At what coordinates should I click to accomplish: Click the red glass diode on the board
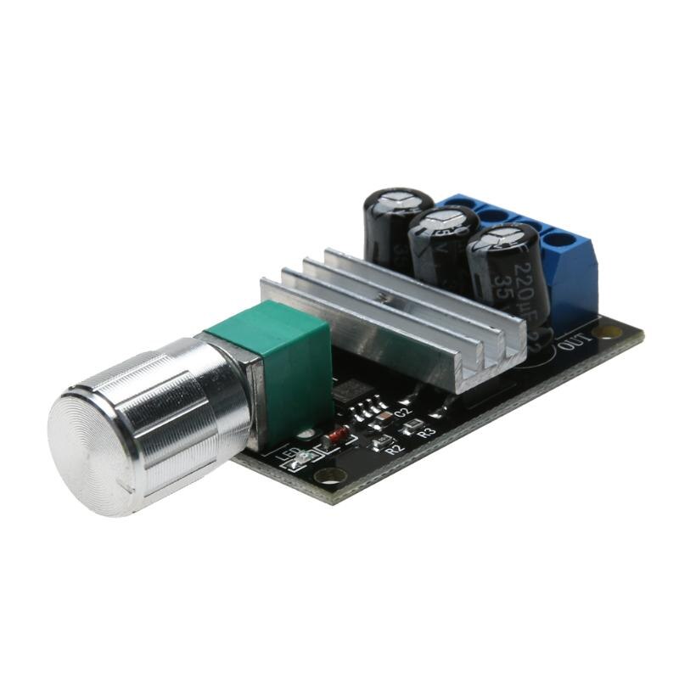(337, 436)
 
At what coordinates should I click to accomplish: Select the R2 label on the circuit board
(393, 450)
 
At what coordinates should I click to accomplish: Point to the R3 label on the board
(427, 432)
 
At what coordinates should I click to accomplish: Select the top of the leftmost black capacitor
(398, 203)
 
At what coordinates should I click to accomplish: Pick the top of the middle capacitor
(444, 222)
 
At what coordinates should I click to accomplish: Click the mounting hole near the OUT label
(609, 331)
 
